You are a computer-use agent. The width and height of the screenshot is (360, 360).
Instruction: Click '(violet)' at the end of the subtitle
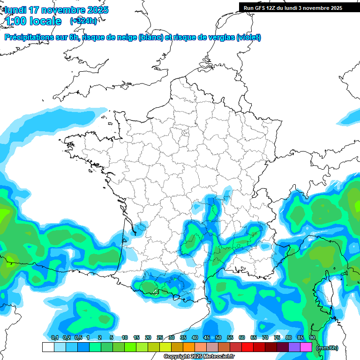pyautogui.click(x=248, y=37)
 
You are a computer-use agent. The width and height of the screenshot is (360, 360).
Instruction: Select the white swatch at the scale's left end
pyautogui.click(x=48, y=347)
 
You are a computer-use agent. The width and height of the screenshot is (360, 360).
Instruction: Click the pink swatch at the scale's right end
pyautogui.click(x=306, y=347)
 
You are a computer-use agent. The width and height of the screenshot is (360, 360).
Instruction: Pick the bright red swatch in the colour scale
pyautogui.click(x=247, y=347)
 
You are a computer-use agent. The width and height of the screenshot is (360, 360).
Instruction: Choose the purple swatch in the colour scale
pyautogui.click(x=294, y=347)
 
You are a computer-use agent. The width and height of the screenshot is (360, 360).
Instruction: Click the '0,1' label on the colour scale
pyautogui.click(x=54, y=338)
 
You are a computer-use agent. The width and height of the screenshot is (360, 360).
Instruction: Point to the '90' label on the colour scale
pyautogui.click(x=312, y=338)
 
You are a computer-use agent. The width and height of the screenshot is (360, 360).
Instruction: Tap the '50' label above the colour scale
pyautogui.click(x=218, y=338)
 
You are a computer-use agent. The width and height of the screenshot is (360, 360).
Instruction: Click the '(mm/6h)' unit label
pyautogui.click(x=327, y=348)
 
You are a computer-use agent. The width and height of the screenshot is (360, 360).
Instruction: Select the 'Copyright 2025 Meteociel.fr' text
pyautogui.click(x=199, y=357)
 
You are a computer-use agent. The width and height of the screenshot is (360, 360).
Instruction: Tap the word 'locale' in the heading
pyautogui.click(x=45, y=21)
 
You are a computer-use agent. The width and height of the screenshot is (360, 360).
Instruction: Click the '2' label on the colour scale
pyautogui.click(x=100, y=338)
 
